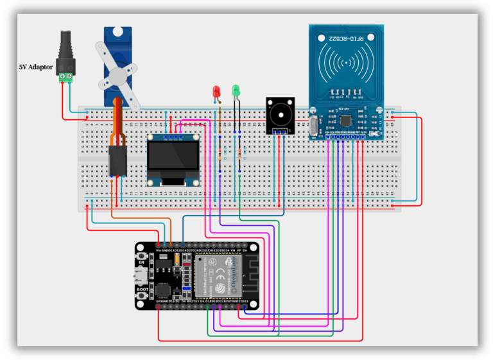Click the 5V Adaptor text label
(35, 67)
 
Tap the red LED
(216, 92)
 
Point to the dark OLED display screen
(173, 160)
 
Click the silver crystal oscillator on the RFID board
(314, 126)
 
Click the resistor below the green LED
(241, 154)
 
